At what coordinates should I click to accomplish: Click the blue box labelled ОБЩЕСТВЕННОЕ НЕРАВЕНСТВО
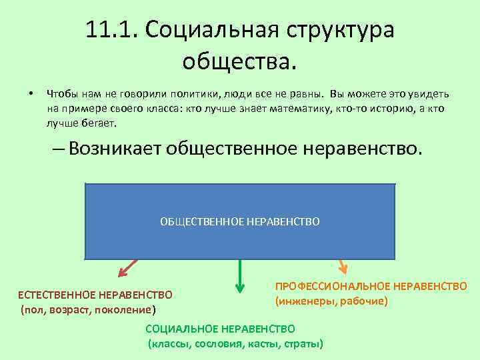point(240,221)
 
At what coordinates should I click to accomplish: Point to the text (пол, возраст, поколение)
point(88,309)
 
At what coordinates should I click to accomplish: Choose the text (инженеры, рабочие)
point(331,301)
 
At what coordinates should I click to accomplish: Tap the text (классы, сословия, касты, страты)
point(235,344)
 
